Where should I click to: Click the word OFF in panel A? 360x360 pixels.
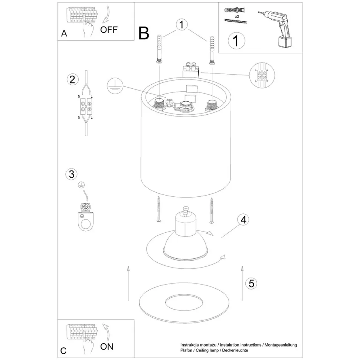click(x=108, y=30)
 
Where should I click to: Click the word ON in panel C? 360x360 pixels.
click(x=107, y=347)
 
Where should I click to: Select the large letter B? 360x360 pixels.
click(x=144, y=33)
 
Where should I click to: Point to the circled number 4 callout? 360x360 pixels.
click(x=243, y=220)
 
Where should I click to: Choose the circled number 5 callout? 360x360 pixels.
click(x=251, y=284)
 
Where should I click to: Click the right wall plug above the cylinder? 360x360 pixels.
click(x=212, y=50)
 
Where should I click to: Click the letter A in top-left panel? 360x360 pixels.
click(x=64, y=33)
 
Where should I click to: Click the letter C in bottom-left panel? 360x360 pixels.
click(x=64, y=351)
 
